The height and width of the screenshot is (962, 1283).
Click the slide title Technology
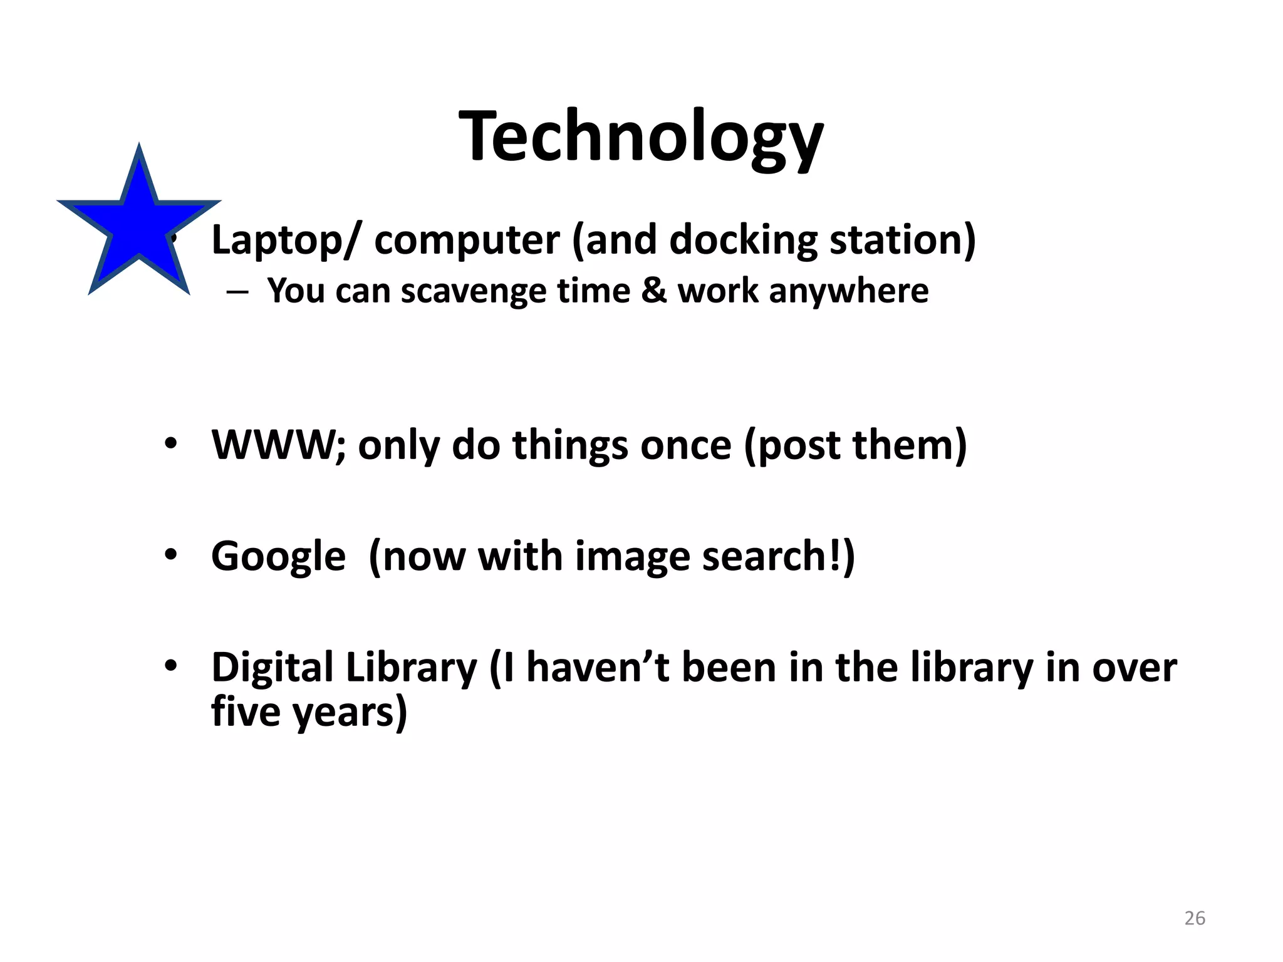coord(641,137)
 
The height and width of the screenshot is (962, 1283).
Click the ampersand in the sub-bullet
coord(654,291)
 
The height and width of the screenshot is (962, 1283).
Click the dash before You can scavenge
coord(238,292)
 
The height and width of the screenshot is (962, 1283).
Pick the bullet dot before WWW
coord(171,444)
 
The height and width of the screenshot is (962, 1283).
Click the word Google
coord(278,557)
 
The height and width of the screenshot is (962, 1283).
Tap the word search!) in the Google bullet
coord(778,557)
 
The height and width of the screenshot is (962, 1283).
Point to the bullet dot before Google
coord(171,555)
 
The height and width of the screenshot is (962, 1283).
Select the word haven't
coord(598,668)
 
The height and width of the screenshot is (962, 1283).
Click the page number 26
coord(1194,918)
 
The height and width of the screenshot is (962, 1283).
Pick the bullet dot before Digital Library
coord(171,666)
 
